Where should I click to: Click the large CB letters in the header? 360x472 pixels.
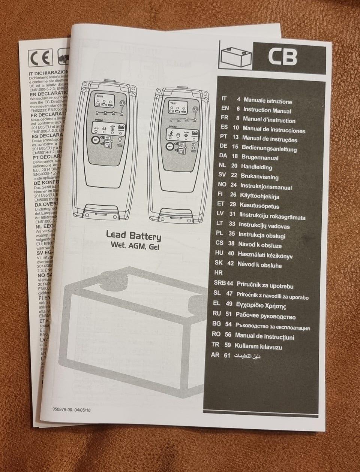click(282, 57)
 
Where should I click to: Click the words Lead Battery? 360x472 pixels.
click(133, 236)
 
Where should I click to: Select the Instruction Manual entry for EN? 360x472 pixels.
click(267, 111)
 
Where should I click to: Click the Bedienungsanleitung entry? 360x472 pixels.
click(269, 149)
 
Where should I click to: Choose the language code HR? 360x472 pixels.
click(218, 273)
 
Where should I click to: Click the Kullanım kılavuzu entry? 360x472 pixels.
click(258, 346)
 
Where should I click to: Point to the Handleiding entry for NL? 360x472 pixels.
click(256, 167)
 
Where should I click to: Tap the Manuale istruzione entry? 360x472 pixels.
click(267, 101)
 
